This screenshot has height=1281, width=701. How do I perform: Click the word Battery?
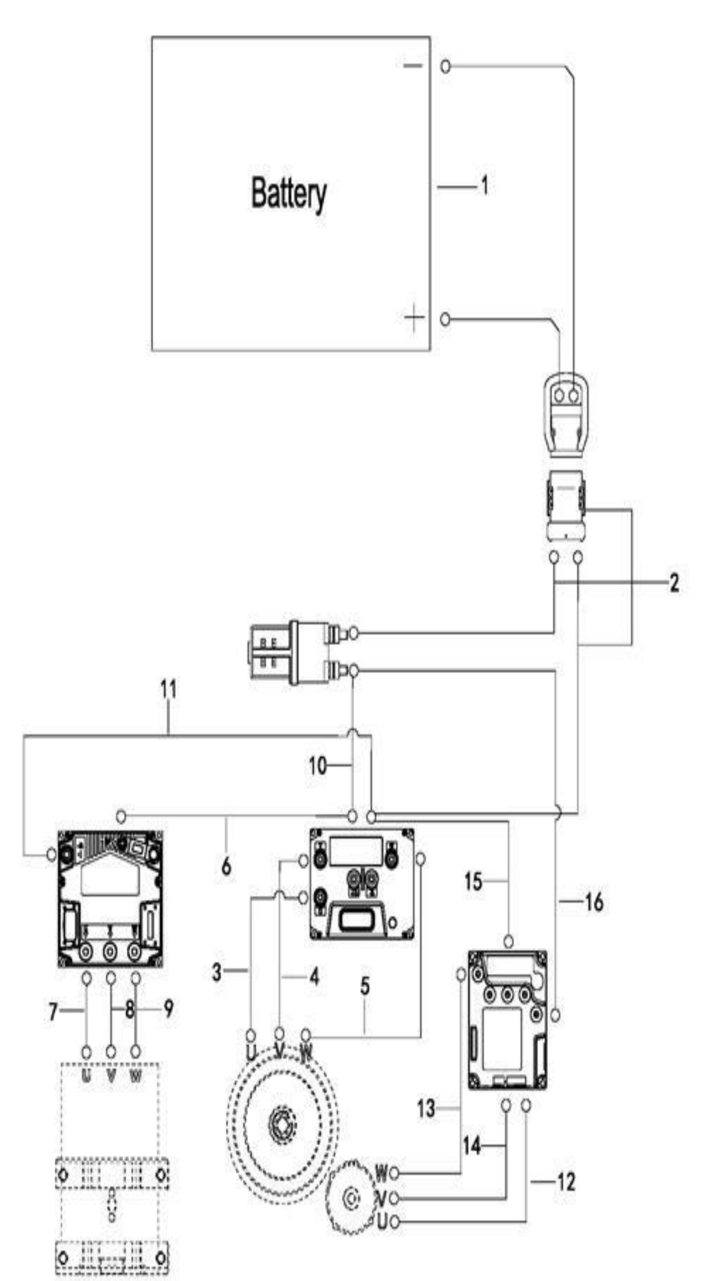click(x=289, y=194)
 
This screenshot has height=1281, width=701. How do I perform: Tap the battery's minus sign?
click(x=413, y=66)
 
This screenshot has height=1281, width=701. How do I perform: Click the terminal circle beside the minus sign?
click(x=446, y=66)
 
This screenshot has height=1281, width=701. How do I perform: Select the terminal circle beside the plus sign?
click(x=445, y=319)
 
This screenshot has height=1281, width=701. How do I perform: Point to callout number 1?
click(x=484, y=186)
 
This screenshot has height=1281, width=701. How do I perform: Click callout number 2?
click(x=674, y=583)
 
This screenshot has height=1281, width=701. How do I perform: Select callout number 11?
click(x=168, y=690)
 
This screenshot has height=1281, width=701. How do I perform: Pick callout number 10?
click(x=318, y=767)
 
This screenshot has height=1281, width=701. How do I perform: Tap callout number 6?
click(x=226, y=867)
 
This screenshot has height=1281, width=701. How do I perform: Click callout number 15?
click(x=473, y=881)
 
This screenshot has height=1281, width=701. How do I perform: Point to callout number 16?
click(x=594, y=902)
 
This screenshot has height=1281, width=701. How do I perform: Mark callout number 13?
click(x=426, y=1109)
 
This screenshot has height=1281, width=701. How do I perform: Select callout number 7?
click(x=53, y=1012)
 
